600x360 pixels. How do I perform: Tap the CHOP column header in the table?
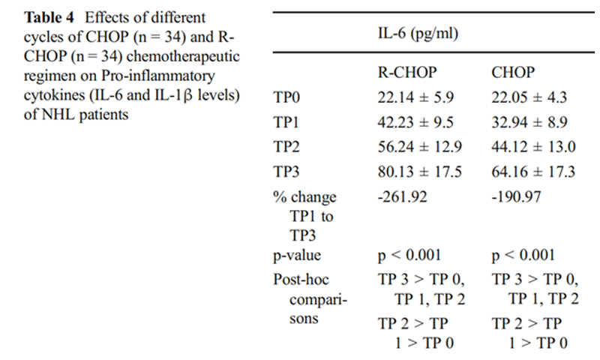[513, 73]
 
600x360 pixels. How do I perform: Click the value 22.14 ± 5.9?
[415, 97]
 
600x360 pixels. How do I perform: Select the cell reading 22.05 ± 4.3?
[529, 97]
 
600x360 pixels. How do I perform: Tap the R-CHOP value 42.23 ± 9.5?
[415, 122]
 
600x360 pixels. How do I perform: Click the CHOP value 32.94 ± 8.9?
[529, 122]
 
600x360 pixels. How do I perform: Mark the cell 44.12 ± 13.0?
[532, 147]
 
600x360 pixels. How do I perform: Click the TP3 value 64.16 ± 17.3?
[532, 172]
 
